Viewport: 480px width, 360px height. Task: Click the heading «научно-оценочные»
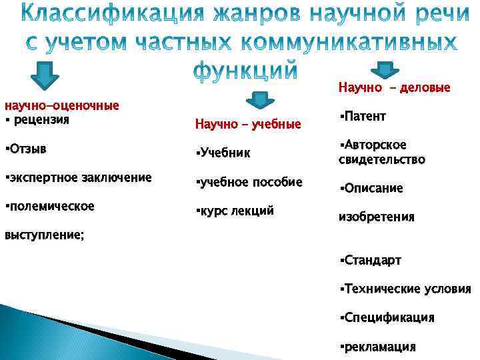click(x=61, y=105)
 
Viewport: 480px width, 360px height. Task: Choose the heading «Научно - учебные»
click(x=248, y=123)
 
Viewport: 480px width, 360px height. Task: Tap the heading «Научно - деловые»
click(x=394, y=87)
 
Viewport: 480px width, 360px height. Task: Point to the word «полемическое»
click(x=50, y=206)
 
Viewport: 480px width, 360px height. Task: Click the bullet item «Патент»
click(x=364, y=117)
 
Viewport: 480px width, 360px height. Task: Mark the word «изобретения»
click(x=377, y=217)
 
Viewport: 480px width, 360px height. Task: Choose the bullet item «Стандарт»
click(x=371, y=259)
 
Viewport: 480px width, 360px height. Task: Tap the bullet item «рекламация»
click(x=379, y=346)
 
